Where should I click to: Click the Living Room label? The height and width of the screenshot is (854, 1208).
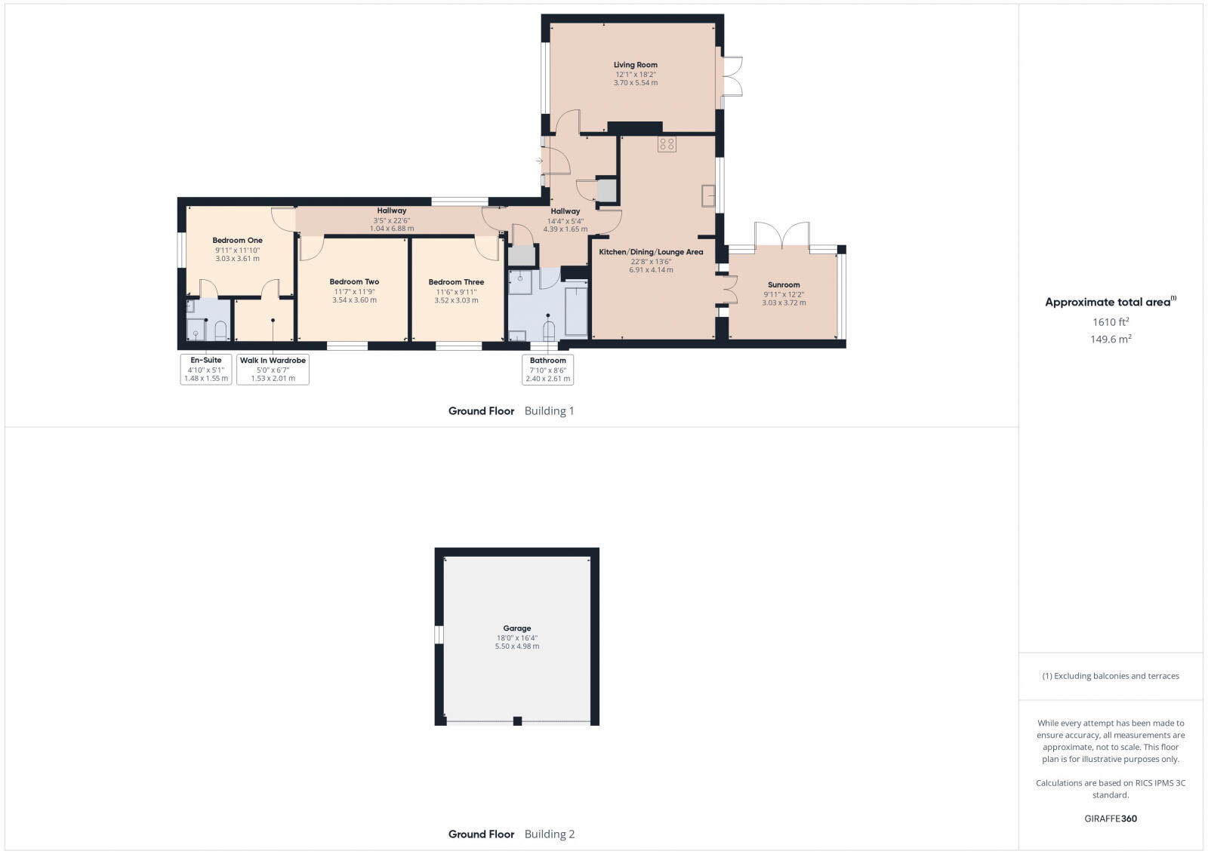(x=635, y=65)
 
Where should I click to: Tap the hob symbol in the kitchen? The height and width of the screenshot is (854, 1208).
(x=666, y=144)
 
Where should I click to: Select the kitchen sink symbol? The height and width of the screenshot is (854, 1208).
(x=708, y=195)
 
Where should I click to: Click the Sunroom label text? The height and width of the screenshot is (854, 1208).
(x=784, y=285)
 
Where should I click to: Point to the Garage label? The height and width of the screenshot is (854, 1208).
(x=517, y=628)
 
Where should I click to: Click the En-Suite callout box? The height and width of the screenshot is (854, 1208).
(x=205, y=370)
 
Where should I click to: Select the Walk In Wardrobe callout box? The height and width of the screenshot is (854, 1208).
(x=273, y=370)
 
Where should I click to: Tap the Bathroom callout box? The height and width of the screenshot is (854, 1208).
(x=547, y=370)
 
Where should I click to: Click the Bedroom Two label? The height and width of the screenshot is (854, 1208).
(x=354, y=282)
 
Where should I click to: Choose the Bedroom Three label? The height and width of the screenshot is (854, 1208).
(x=456, y=282)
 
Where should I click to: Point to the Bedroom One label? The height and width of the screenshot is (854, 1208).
(x=237, y=241)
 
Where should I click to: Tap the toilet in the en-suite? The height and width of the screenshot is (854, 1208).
(x=220, y=330)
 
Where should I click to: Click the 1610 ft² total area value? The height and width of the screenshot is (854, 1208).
(x=1110, y=322)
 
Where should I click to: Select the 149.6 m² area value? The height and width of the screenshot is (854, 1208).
(x=1110, y=339)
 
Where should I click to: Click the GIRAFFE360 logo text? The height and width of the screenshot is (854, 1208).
(x=1110, y=819)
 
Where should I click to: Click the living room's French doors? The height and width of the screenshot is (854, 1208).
(x=731, y=76)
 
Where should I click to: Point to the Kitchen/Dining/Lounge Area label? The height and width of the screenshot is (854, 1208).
(x=650, y=252)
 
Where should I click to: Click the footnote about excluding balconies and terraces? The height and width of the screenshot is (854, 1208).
(x=1110, y=676)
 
